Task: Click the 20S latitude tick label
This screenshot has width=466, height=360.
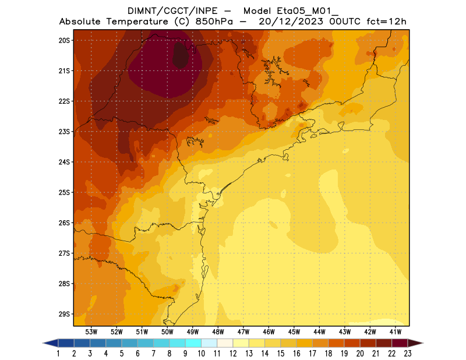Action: pyautogui.click(x=64, y=40)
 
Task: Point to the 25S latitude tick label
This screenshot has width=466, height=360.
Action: pyautogui.click(x=64, y=192)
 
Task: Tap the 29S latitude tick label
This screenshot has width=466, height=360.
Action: pyautogui.click(x=64, y=314)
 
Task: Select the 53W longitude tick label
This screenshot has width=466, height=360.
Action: pyautogui.click(x=91, y=331)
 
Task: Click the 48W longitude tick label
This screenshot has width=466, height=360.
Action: pyautogui.click(x=218, y=331)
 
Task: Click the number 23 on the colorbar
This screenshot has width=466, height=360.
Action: pyautogui.click(x=407, y=354)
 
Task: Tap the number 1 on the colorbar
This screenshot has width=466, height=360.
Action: pyautogui.click(x=59, y=354)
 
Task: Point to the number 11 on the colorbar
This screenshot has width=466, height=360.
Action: pyautogui.click(x=217, y=354)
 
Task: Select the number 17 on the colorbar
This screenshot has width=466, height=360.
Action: pyautogui.click(x=312, y=354)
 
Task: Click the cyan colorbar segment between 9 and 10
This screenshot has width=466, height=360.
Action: pyautogui.click(x=193, y=343)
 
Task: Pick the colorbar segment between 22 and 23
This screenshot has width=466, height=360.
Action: pyautogui.click(x=399, y=343)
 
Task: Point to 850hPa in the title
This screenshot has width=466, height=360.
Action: pyautogui.click(x=218, y=22)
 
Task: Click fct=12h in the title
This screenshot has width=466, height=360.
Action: pyautogui.click(x=386, y=22)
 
